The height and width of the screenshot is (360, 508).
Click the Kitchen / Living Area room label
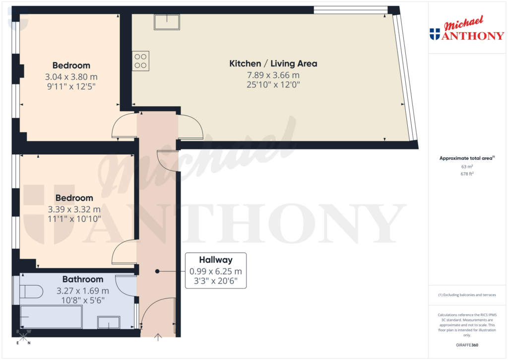273,64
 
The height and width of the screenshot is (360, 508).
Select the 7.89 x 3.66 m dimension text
273,75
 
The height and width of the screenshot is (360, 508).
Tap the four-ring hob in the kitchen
140,61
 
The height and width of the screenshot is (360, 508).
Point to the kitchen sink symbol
167,22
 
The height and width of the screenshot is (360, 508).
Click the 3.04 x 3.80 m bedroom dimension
71,77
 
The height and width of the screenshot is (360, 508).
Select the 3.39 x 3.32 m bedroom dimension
74,209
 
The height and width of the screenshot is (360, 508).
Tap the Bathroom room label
82,279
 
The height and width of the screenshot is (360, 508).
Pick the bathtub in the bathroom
51,317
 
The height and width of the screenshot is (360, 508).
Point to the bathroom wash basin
108,322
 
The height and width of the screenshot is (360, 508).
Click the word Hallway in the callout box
215,260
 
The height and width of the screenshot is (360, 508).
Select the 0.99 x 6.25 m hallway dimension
215,271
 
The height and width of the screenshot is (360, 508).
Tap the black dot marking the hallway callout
157,271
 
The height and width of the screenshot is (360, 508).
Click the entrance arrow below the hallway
158,338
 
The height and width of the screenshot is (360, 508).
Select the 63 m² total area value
466,167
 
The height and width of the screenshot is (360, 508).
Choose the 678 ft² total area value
466,174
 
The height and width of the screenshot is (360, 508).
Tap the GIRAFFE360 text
466,345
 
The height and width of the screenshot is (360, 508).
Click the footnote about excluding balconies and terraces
466,295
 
